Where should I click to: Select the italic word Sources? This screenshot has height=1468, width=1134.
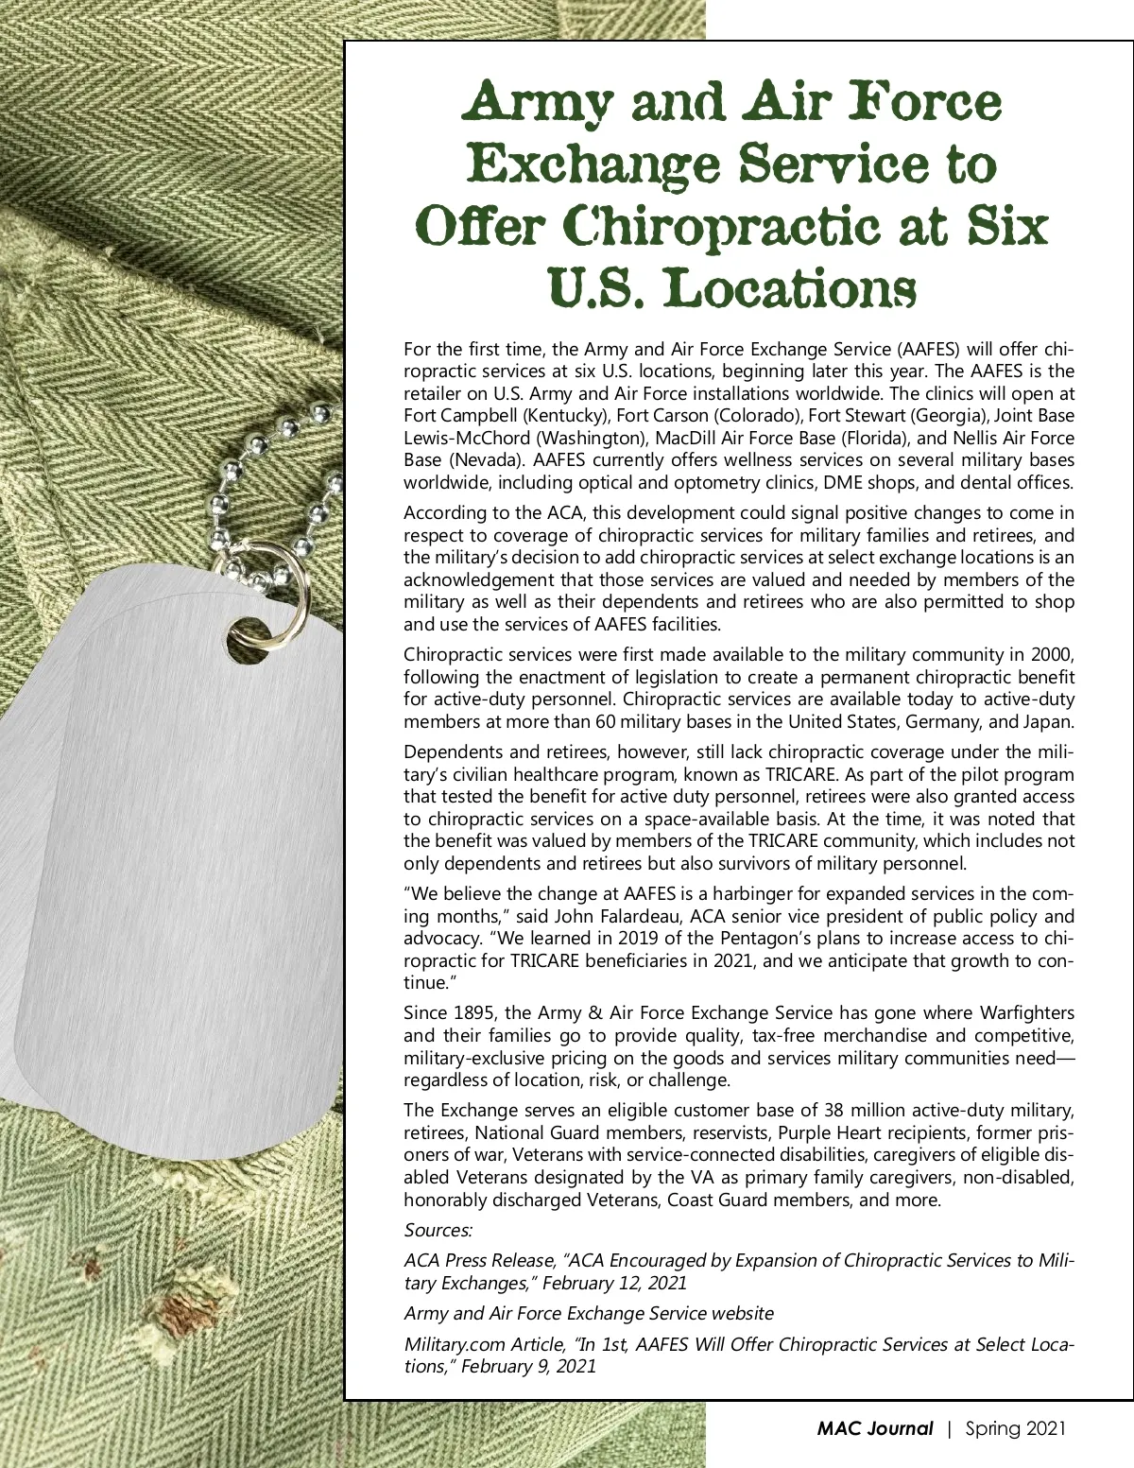(x=438, y=1230)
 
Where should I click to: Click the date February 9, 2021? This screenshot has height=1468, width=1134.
(x=528, y=1366)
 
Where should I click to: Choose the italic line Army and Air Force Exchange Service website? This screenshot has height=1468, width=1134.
(x=589, y=1313)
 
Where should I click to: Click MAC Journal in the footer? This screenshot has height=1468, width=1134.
(x=874, y=1428)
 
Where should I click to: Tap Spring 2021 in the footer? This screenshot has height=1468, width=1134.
(x=1015, y=1428)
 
